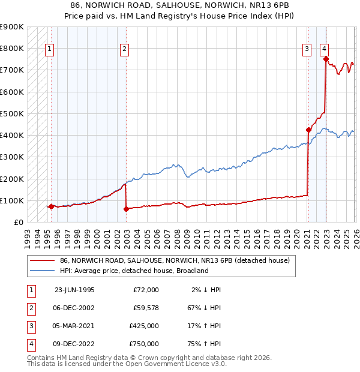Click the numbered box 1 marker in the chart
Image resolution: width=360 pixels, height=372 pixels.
tap(49, 50)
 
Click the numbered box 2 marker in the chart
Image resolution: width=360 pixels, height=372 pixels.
tap(124, 50)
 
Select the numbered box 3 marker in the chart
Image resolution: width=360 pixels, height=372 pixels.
tap(307, 50)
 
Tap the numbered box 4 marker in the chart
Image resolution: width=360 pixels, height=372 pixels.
tap(324, 50)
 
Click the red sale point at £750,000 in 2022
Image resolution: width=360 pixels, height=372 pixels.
tap(326, 59)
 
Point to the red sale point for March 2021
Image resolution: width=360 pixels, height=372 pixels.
tap(308, 130)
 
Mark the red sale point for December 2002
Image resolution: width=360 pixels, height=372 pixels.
tap(126, 209)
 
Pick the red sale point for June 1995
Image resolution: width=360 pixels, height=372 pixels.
tap(51, 206)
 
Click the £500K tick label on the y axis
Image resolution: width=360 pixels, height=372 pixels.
tap(12, 113)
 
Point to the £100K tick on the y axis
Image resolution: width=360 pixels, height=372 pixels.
tap(12, 200)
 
